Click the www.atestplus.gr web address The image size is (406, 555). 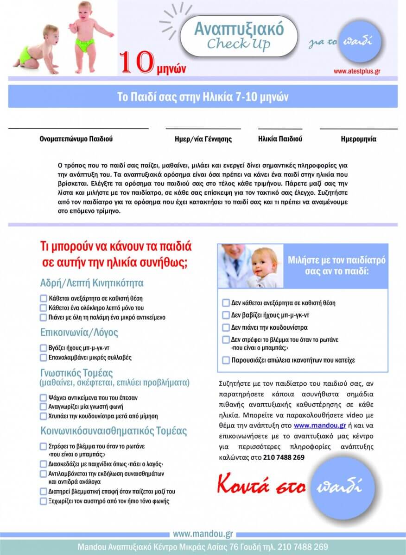357,72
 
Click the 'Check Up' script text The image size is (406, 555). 238,44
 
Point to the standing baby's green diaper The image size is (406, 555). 85,45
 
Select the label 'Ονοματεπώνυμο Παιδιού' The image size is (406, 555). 76,139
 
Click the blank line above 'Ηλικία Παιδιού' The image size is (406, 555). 280,129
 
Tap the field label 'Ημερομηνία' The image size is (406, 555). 358,139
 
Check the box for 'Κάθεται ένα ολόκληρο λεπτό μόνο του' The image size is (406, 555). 44,308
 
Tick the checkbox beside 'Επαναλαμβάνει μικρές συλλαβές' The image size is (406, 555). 44,358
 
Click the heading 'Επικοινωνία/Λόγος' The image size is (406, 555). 79,333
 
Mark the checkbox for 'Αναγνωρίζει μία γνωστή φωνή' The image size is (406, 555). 44,407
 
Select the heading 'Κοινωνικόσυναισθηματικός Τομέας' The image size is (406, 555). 114,431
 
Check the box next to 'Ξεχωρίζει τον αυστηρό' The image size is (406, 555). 44,501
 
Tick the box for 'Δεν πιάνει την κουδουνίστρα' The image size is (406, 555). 226,327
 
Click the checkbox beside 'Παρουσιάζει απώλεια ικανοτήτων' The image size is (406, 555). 226,360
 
